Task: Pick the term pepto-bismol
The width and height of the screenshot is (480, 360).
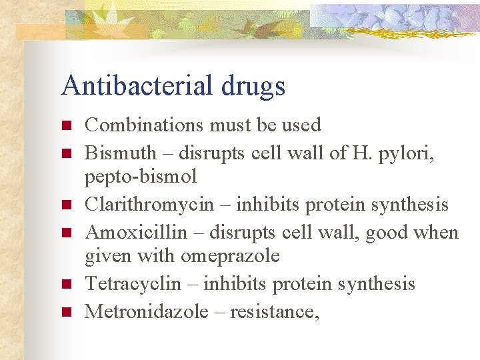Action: coord(141,177)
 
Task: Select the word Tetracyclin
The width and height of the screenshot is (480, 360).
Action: coord(133,284)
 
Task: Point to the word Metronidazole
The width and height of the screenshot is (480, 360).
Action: coord(147,311)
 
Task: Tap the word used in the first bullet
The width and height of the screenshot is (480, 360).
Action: coord(301,125)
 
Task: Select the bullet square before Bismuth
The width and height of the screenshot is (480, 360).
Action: coord(65,154)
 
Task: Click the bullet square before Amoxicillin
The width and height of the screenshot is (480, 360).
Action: coord(65,233)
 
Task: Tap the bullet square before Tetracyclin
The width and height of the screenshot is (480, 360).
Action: coord(65,285)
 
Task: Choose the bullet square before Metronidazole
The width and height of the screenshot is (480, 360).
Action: coord(65,312)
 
